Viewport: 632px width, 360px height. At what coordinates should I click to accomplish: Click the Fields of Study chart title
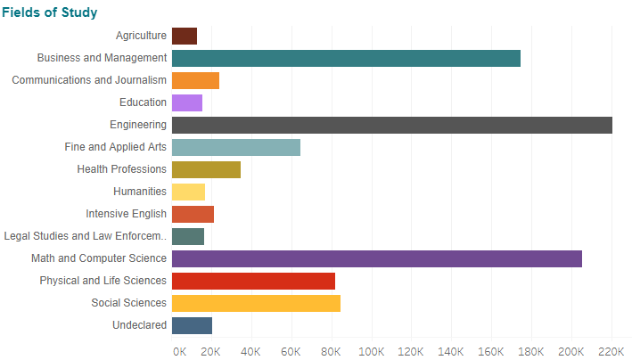tap(50, 12)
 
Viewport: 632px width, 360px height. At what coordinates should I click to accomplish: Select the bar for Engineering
tap(392, 125)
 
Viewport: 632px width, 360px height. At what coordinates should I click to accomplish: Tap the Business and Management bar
tap(346, 58)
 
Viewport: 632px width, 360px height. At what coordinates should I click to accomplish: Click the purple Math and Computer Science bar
tap(377, 258)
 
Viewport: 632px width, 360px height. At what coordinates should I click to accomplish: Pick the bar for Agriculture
tap(185, 36)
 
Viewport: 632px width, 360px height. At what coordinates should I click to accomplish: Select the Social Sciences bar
tap(256, 303)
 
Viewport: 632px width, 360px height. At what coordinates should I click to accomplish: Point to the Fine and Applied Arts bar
tap(236, 147)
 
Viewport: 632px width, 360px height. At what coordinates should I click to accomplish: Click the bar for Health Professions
tap(206, 169)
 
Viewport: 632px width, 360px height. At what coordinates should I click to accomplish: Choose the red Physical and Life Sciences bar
tap(253, 281)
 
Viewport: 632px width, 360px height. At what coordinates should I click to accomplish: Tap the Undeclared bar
tap(192, 325)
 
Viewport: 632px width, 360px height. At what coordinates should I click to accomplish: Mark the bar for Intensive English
tap(193, 214)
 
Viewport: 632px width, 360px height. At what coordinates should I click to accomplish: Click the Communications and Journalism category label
tap(89, 80)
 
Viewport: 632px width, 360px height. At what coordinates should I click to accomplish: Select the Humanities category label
tap(140, 192)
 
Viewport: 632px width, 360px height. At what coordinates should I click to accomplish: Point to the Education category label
tap(143, 102)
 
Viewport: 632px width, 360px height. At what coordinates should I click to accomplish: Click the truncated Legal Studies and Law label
tap(86, 236)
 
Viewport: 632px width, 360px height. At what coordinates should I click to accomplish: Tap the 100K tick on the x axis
tap(372, 350)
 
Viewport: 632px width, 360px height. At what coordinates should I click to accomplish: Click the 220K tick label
tap(611, 350)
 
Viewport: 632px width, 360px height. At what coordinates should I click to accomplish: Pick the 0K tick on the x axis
tap(178, 350)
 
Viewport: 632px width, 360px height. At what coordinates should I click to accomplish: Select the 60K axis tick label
tap(291, 350)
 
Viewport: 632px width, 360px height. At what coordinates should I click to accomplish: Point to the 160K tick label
tap(491, 350)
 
